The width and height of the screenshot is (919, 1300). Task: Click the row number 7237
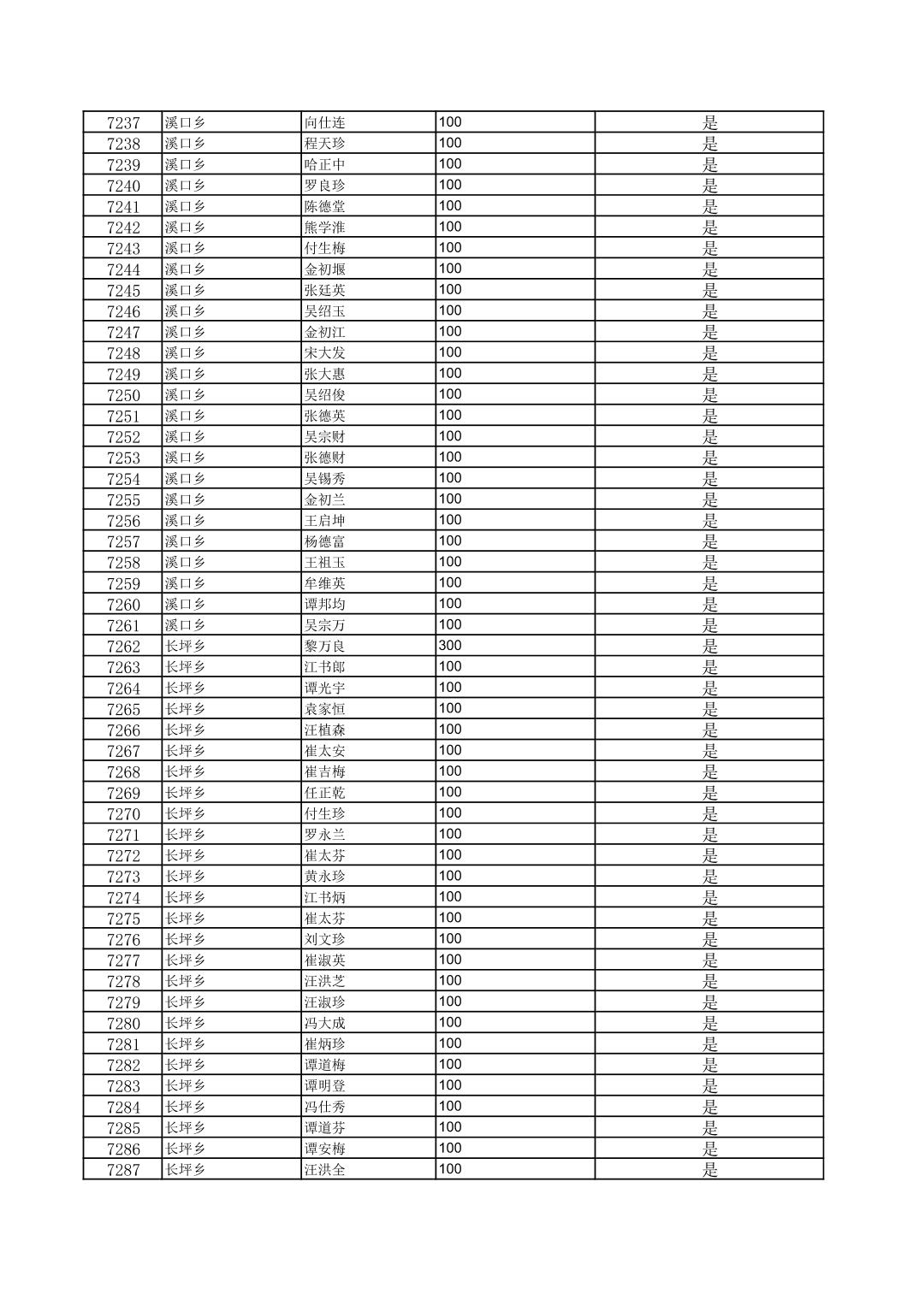[123, 123]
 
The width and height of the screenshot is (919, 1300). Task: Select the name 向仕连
[325, 123]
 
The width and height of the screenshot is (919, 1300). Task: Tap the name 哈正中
[325, 165]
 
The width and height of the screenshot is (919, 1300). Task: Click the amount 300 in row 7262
[450, 646]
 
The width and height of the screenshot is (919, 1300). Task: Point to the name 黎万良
[325, 647]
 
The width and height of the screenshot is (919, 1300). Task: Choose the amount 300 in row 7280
[450, 1023]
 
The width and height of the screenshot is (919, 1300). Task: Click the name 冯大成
[325, 1024]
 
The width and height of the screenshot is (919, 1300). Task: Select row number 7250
[123, 395]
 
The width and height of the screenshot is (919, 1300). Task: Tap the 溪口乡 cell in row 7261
[186, 625]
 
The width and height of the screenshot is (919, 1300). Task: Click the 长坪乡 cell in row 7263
[186, 667]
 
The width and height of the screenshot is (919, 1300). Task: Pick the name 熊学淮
[325, 227]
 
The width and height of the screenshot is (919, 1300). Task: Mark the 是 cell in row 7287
[709, 1170]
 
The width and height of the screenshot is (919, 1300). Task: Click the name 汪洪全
[325, 1170]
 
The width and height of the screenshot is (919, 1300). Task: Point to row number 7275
[123, 919]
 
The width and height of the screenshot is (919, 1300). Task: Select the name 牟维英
[325, 583]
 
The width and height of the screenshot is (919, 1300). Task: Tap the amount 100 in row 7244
[450, 269]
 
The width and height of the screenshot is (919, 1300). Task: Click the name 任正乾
[325, 793]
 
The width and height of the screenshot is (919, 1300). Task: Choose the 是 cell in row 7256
[709, 521]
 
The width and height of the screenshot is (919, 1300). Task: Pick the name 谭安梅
[325, 1149]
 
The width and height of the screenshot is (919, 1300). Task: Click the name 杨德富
[325, 541]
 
